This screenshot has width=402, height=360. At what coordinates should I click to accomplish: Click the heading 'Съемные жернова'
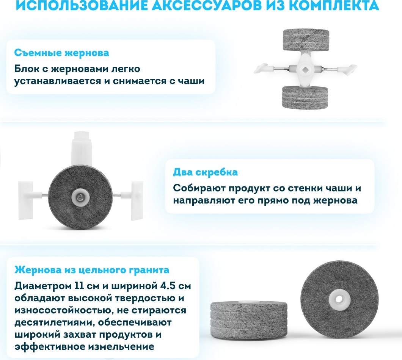pyautogui.click(x=61, y=53)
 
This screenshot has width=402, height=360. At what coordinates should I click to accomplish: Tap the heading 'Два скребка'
pyautogui.click(x=205, y=172)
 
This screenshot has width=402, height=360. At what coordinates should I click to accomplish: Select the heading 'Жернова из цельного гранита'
pyautogui.click(x=92, y=270)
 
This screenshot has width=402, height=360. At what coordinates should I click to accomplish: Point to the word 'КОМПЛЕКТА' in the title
pyautogui.click(x=335, y=5)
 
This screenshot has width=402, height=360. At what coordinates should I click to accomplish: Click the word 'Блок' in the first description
pyautogui.click(x=27, y=69)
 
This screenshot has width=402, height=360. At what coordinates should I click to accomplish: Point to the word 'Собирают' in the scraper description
pyautogui.click(x=199, y=188)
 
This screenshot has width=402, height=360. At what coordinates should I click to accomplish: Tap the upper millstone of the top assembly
pyautogui.click(x=306, y=40)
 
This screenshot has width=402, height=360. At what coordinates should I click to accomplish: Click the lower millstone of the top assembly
pyautogui.click(x=305, y=97)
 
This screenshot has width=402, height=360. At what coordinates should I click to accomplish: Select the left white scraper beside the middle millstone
pyautogui.click(x=28, y=200)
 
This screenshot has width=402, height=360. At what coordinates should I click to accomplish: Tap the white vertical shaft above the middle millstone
pyautogui.click(x=81, y=149)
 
